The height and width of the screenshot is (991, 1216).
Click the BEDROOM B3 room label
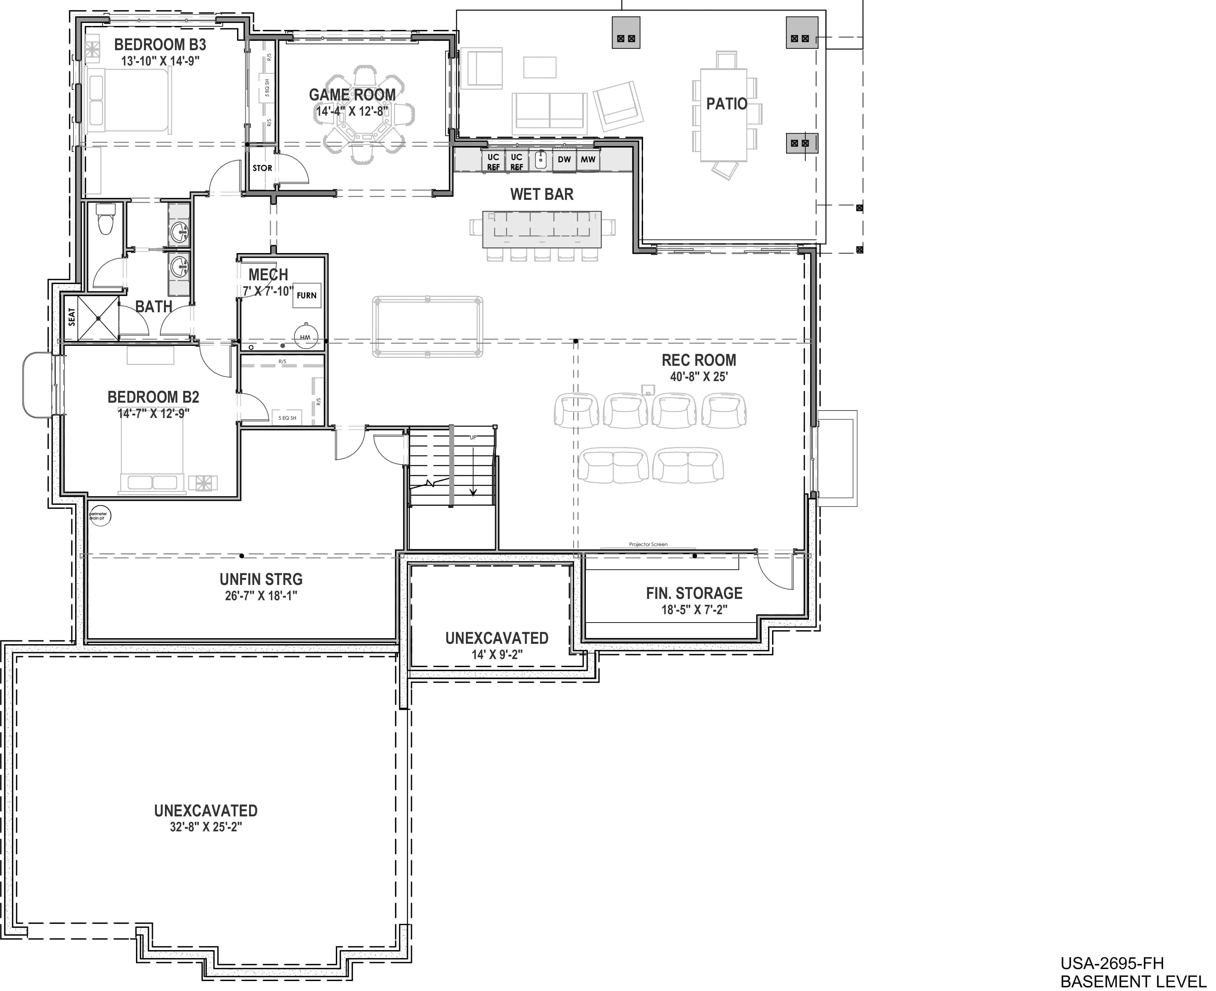[160, 45]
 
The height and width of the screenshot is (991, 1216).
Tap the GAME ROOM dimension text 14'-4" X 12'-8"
[352, 111]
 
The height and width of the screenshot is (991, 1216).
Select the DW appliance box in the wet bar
[564, 160]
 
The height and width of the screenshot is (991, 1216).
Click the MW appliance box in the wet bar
[588, 160]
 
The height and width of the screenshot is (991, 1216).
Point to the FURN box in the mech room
[307, 295]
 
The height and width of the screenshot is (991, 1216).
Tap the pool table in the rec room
[427, 327]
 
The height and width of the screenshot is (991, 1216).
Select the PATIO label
[727, 104]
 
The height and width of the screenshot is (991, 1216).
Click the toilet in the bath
[105, 220]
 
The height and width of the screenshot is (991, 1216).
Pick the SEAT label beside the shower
[72, 317]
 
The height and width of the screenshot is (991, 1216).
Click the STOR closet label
[262, 168]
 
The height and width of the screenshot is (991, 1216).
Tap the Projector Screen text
[648, 545]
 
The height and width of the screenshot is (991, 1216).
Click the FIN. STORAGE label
[694, 593]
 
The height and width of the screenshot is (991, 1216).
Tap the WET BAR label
[542, 194]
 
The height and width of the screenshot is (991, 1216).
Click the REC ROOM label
[699, 360]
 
